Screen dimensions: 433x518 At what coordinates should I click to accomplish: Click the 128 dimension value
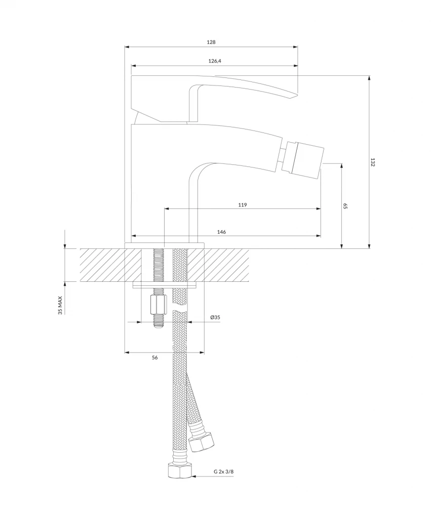tap(211, 42)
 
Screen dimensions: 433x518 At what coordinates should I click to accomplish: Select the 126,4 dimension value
tap(215, 61)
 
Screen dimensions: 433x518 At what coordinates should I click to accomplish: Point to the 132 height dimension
tap(373, 162)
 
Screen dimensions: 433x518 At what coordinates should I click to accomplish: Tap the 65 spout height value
tap(345, 206)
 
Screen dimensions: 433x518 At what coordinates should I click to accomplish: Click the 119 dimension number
tap(243, 205)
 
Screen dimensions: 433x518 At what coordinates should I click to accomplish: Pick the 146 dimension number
tap(222, 232)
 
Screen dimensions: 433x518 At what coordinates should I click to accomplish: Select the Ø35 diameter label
tap(215, 318)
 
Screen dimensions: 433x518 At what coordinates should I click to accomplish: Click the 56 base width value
tap(155, 358)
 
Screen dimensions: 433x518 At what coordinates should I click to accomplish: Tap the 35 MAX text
tap(60, 305)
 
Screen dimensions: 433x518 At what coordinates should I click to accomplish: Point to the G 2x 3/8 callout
tap(224, 471)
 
